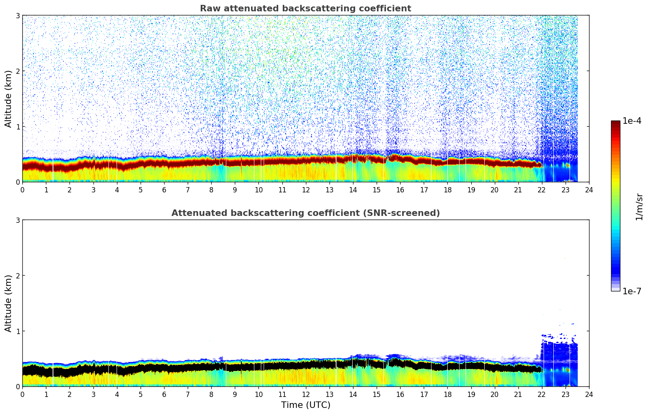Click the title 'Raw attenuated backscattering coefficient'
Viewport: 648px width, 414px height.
pos(305,9)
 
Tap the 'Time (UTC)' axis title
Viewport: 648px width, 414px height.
pos(306,405)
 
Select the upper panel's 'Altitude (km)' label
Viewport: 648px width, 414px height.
pos(8,99)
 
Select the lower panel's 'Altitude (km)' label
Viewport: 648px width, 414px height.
pos(8,303)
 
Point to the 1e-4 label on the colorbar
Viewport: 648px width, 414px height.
pos(632,121)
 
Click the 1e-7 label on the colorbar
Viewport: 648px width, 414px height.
pos(632,291)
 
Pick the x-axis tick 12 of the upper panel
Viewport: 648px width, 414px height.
pos(306,190)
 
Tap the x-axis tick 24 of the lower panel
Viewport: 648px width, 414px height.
pos(589,395)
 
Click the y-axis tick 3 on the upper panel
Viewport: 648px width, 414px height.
pos(18,16)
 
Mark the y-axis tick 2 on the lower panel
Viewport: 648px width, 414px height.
pos(18,276)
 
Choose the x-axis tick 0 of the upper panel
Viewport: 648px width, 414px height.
pos(22,190)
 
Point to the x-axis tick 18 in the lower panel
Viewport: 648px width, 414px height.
pos(447,395)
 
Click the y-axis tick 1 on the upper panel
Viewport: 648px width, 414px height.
pos(18,127)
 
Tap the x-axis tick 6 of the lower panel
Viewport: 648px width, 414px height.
pos(164,395)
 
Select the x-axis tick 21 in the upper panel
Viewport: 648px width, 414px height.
pos(518,190)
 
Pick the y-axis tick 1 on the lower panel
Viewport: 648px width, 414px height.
pos(18,331)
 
